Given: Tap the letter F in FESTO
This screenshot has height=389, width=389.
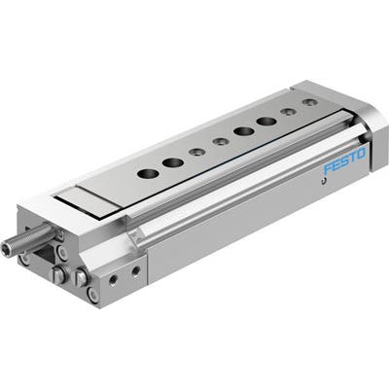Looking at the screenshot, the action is (x=328, y=169).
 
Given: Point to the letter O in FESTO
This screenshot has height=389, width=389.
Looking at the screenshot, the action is (x=361, y=153).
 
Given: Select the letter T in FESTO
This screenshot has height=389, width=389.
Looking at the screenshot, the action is (x=353, y=157).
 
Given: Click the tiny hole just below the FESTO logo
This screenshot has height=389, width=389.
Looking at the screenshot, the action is (x=323, y=181).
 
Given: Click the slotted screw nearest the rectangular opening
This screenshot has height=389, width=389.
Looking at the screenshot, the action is (x=58, y=275).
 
